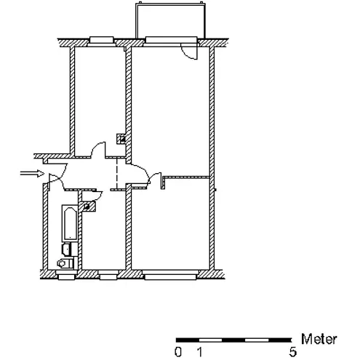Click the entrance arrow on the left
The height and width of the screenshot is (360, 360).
[32, 173]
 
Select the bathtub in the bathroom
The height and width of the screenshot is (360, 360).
[70, 223]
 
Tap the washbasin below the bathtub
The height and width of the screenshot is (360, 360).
[66, 249]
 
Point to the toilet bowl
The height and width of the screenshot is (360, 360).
[65, 263]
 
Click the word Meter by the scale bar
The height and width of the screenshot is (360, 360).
[319, 339]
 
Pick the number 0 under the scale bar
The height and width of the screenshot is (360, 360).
[178, 352]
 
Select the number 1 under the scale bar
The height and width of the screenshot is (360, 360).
[199, 352]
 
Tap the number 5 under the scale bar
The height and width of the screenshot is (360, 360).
[293, 352]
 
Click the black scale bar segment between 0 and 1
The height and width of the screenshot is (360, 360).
[188, 340]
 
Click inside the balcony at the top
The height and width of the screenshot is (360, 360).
[171, 20]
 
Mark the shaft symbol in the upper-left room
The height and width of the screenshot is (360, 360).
[121, 139]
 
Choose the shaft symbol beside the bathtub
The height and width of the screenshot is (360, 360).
[87, 207]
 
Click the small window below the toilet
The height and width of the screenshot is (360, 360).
[66, 277]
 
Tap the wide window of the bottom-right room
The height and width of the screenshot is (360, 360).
[170, 277]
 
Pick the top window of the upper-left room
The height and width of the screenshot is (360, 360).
[101, 40]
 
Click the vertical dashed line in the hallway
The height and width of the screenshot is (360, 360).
[117, 173]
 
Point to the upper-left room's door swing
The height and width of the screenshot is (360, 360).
[97, 148]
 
